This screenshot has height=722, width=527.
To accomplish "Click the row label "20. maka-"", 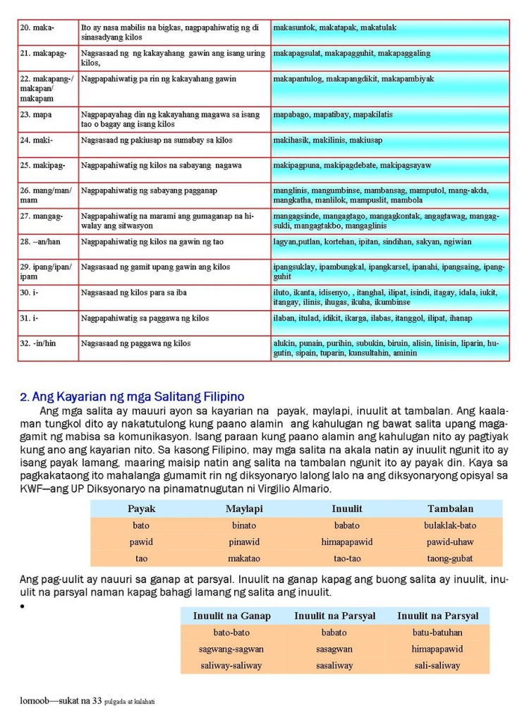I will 37,27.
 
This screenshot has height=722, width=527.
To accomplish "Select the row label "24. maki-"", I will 37,140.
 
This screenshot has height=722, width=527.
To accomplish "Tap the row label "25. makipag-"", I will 42,166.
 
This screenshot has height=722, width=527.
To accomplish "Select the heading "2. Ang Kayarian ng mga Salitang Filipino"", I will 132,397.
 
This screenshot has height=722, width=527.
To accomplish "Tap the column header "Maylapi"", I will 244,508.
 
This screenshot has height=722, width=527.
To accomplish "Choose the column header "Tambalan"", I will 450,508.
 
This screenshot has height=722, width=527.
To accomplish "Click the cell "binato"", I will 244,525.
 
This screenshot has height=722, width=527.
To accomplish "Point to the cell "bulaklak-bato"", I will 450,525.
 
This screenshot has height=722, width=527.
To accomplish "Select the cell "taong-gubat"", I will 450,558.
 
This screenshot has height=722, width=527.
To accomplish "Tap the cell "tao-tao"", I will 347,558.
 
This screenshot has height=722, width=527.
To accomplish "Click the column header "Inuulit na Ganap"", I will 231,616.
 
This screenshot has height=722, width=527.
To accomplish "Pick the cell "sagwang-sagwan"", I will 231,649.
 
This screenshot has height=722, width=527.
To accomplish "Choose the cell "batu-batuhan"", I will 437,632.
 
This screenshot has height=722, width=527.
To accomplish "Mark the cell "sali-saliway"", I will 437,666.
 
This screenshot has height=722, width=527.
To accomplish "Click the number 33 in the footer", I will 97,701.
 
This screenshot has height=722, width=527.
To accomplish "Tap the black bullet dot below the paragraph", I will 23,606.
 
